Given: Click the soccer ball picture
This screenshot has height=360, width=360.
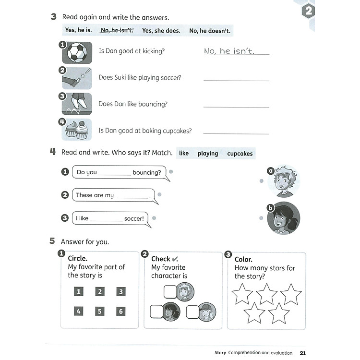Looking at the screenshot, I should [77, 52].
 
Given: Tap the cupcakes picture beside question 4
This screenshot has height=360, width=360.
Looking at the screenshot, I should [77, 130].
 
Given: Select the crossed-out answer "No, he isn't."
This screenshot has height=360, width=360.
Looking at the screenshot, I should [117, 30].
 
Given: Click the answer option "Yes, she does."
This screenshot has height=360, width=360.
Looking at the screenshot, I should [161, 30].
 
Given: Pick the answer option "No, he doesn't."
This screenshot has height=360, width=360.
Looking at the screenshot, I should [210, 30].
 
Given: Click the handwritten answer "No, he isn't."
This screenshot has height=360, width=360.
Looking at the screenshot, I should [229, 51].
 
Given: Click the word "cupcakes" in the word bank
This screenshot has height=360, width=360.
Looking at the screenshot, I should [240, 154].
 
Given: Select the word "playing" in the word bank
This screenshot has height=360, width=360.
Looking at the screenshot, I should [208, 154].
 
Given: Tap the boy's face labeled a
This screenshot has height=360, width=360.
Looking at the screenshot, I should [284, 181].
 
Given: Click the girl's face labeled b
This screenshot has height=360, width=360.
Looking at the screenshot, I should [283, 218].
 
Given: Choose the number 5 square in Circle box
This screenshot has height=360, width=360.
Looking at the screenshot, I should [100, 311].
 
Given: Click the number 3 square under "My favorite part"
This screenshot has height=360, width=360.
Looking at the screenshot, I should [121, 291].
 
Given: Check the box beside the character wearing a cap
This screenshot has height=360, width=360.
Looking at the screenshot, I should [192, 312].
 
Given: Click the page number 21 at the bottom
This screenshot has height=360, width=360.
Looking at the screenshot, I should [302, 353].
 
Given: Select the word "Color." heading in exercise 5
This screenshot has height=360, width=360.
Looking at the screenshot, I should [243, 259].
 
